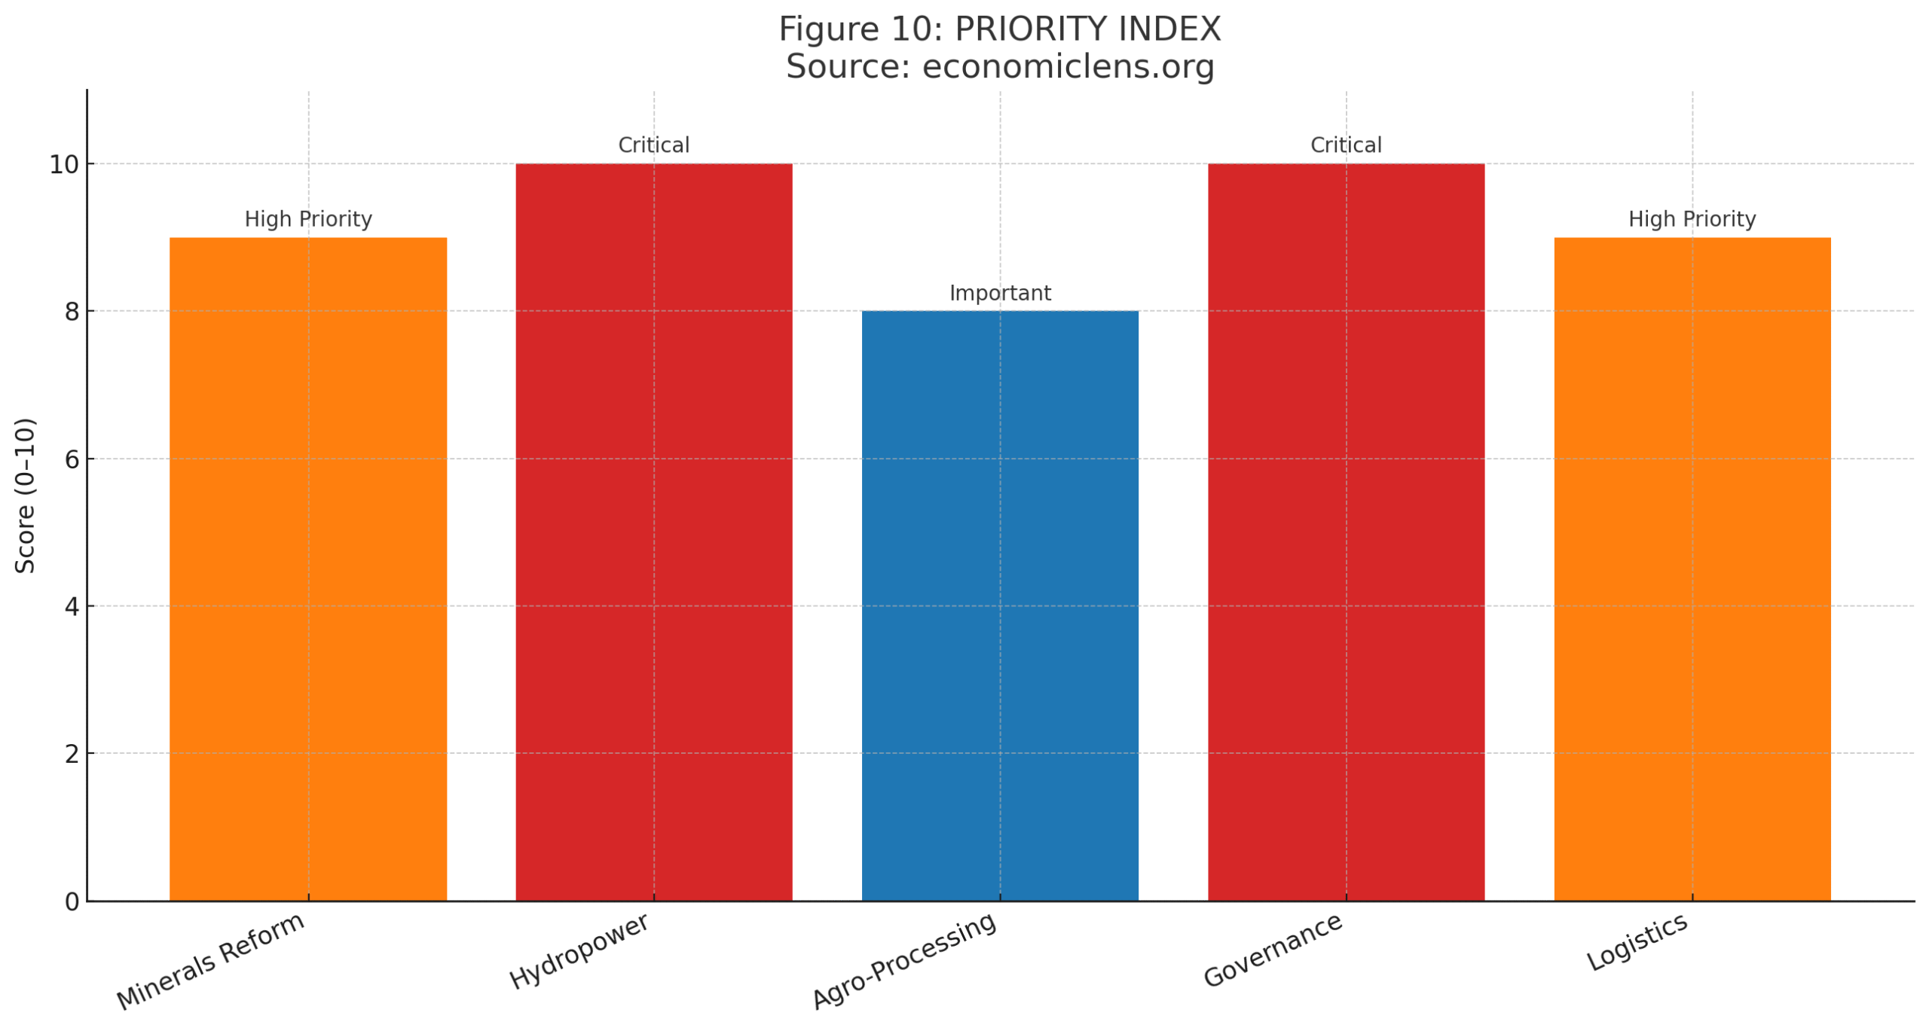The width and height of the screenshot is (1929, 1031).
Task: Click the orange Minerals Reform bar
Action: (307, 568)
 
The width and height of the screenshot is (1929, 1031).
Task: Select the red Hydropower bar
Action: (653, 531)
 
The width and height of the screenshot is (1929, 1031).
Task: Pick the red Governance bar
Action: (1345, 531)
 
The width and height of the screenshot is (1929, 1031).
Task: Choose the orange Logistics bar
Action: (1692, 568)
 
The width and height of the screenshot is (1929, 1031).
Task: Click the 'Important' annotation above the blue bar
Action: (999, 293)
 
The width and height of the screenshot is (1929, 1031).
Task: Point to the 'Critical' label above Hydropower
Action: (653, 145)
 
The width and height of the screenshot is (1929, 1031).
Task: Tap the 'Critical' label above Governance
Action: (1345, 145)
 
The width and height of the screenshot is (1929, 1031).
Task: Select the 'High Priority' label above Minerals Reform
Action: (307, 219)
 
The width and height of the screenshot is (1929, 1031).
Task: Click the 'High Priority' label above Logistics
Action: (1692, 219)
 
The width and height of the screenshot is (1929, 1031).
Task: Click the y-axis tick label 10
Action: (64, 164)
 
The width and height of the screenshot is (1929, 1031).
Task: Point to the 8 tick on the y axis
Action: (72, 312)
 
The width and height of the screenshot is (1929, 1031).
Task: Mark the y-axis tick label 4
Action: (72, 606)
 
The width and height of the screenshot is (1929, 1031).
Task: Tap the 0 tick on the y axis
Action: (72, 901)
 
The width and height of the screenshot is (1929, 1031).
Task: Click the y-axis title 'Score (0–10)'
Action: (26, 495)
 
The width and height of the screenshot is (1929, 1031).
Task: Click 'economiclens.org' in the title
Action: (1068, 66)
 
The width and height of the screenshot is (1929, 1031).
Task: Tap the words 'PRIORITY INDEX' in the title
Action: (1087, 29)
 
